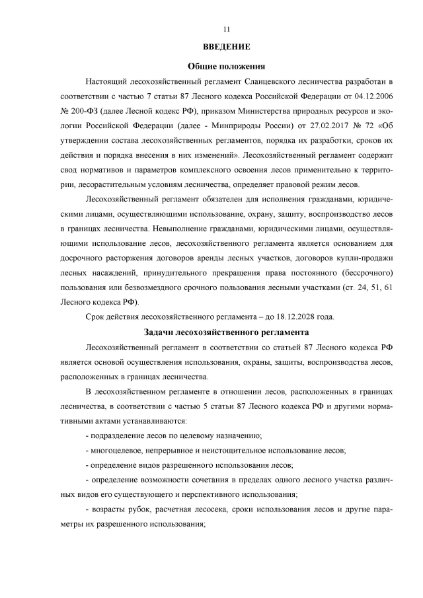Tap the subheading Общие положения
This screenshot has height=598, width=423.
227,66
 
